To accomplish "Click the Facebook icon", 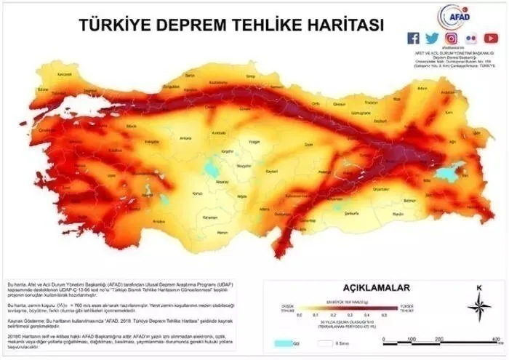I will pos(414,39).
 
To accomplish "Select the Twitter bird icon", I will pos(433,39).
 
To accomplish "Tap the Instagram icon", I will pos(452,39).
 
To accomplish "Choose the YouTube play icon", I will pos(491,39).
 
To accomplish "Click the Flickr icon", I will pos(471,39).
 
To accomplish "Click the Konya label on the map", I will pos(196,193).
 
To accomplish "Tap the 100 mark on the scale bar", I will pos(412,340).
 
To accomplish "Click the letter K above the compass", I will pos(478,288).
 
